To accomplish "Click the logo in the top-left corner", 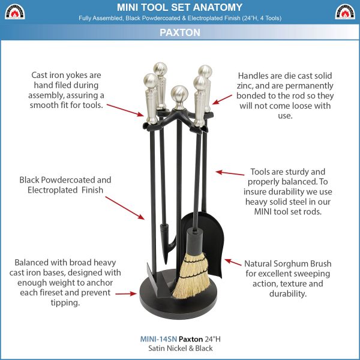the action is (14, 11).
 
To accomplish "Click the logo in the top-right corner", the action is (345, 11).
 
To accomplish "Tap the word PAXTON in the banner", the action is (180, 32).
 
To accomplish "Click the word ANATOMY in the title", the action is (218, 7).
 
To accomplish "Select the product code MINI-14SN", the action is (158, 339).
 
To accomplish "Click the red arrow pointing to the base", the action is (126, 293).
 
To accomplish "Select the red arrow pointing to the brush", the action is (233, 262).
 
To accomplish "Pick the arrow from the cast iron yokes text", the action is (125, 110).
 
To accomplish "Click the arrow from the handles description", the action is (222, 100).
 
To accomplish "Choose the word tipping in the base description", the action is (65, 302).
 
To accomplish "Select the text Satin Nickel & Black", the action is (181, 348).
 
